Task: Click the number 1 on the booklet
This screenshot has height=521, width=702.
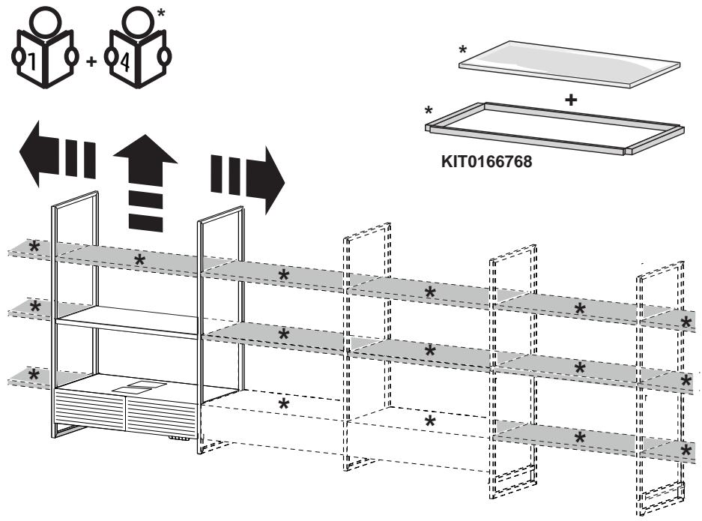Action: coord(32,61)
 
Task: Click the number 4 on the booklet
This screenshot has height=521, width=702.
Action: coord(125,61)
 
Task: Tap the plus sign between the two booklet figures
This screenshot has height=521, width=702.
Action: coord(91,61)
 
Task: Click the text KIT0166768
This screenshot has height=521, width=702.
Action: coord(487,161)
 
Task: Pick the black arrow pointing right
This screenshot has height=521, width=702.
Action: coord(247,180)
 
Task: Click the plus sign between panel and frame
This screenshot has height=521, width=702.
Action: coord(571,100)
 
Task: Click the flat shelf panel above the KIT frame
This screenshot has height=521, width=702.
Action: coord(569,64)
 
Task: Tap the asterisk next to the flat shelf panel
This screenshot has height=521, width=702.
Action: coord(463,49)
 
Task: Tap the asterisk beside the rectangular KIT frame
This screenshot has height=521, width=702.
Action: coord(429,110)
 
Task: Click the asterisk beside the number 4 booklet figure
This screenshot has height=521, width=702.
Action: coord(161,12)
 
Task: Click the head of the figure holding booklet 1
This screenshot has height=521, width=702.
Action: coord(45,19)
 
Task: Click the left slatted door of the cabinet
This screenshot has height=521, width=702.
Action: coord(89,410)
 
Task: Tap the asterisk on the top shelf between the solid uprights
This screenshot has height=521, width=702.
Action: coord(139,260)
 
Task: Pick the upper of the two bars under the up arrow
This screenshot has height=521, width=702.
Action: coord(145,199)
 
